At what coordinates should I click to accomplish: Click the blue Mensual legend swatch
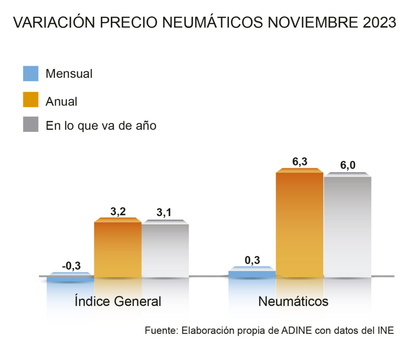tap(31, 74)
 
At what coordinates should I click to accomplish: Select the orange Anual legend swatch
tap(31, 100)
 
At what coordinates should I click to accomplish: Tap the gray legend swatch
tap(31, 125)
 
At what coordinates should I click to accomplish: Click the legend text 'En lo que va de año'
tap(101, 125)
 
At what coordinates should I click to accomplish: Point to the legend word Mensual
tap(69, 74)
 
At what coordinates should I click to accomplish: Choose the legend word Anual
tap(61, 101)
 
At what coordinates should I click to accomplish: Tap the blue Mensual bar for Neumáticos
tap(252, 273)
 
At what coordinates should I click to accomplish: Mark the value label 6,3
tap(299, 162)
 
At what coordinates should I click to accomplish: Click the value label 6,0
tap(347, 165)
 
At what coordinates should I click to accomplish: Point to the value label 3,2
tap(118, 211)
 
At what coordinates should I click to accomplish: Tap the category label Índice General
tap(118, 301)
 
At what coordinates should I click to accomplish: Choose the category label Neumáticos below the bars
tap(293, 301)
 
